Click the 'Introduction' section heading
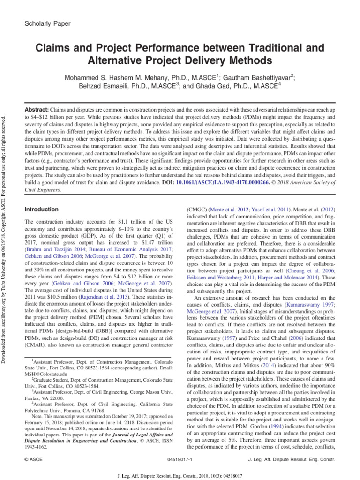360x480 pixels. point(42,210)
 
